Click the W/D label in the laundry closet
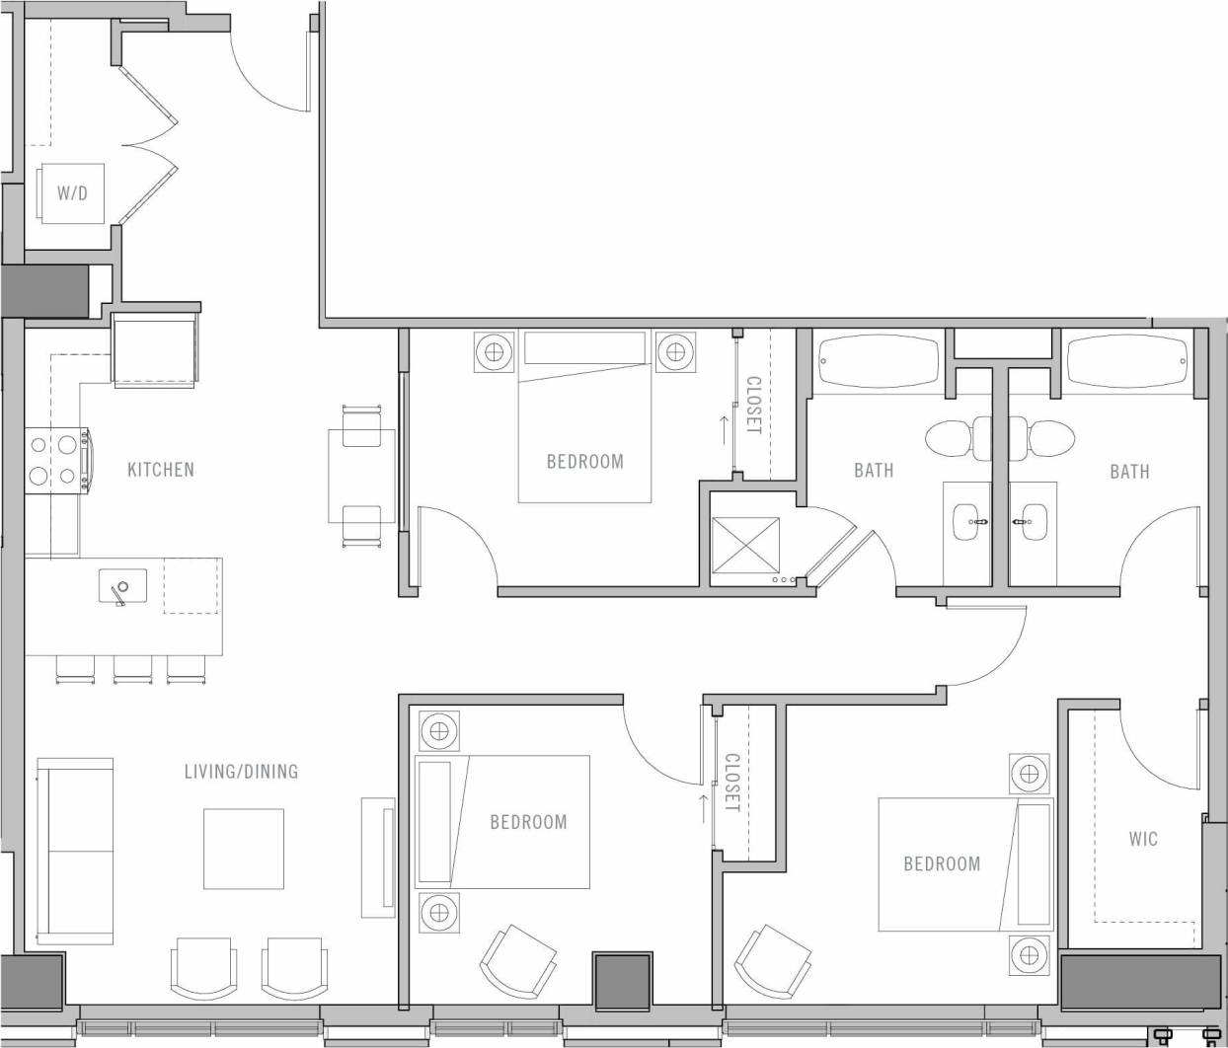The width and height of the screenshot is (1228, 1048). (x=71, y=193)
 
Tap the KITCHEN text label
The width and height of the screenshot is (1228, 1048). (x=161, y=470)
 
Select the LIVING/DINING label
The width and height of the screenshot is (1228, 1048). (x=241, y=772)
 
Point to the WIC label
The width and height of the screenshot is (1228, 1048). (x=1143, y=839)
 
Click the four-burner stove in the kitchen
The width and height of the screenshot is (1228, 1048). (x=55, y=460)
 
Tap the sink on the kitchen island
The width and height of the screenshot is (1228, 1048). (x=122, y=587)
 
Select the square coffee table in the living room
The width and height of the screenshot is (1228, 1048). (x=244, y=849)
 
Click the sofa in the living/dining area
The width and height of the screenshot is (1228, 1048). (x=74, y=851)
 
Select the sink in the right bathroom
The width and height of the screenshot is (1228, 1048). (x=1033, y=520)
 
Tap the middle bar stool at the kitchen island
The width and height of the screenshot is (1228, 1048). (x=132, y=668)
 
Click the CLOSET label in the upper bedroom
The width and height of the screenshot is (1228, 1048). (x=753, y=405)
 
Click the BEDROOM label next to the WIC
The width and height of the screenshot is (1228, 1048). (x=942, y=864)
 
